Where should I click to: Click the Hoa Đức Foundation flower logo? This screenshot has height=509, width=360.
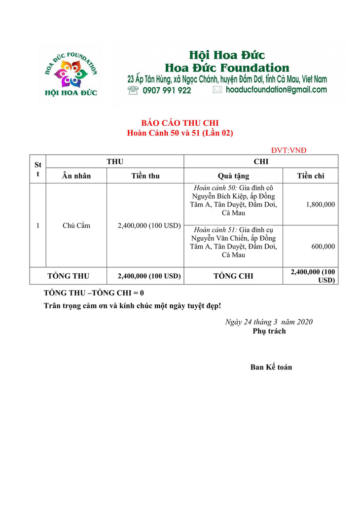point(71,74)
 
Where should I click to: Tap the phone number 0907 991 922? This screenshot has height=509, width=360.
point(166,90)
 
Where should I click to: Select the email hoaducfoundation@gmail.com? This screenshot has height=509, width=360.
point(276,90)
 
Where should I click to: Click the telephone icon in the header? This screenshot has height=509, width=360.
point(133,90)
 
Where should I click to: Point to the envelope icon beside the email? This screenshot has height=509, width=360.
point(217,90)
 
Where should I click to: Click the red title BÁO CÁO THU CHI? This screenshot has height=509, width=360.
point(180,123)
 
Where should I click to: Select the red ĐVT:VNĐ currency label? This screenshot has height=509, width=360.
point(289,150)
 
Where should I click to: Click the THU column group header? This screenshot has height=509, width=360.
point(115,161)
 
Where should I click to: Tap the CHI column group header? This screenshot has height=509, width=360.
point(261,161)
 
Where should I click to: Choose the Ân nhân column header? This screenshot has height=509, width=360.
point(76,176)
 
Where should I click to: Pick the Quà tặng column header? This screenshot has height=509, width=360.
point(233,176)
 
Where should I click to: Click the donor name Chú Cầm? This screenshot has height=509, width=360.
point(76,225)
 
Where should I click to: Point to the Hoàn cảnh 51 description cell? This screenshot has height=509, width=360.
point(233,243)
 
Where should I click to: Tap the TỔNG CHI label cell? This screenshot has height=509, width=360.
point(233,276)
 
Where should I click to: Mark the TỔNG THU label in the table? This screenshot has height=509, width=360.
point(68,276)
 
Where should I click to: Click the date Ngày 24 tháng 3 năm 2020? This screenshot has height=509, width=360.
point(269,322)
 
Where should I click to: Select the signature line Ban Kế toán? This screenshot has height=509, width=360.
point(271,367)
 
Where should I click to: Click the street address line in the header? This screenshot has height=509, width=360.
point(227,79)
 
